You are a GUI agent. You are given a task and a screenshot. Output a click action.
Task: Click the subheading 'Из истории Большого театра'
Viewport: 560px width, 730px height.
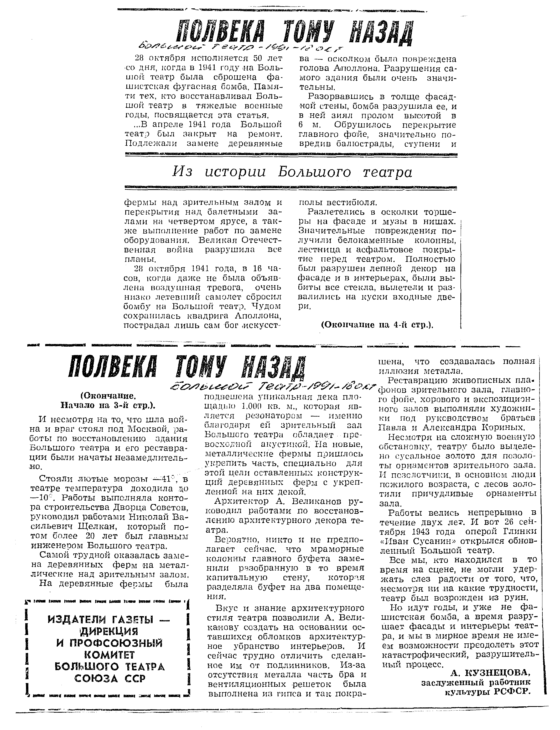click(292, 172)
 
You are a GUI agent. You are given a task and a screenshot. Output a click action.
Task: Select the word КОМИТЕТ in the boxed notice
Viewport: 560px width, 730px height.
click(109, 655)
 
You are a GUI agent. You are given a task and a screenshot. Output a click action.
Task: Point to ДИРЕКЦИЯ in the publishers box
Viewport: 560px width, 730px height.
click(109, 631)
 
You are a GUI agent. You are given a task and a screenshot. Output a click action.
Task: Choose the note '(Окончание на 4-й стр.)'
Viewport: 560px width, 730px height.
click(377, 325)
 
